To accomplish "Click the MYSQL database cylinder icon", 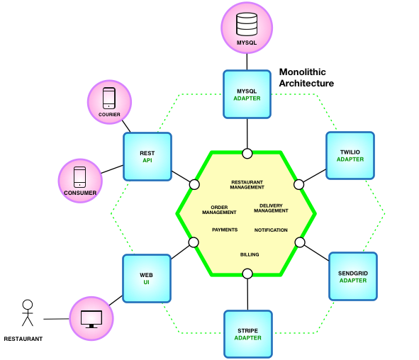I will click(x=247, y=26).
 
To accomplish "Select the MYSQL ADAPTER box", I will click(x=247, y=94).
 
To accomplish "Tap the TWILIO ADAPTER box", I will click(x=350, y=154).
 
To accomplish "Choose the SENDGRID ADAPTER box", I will click(x=352, y=276).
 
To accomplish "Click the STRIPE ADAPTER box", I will click(x=247, y=333).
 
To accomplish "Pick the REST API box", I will click(x=147, y=156).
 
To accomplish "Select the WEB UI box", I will click(x=146, y=278).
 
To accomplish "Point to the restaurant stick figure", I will click(x=27, y=315).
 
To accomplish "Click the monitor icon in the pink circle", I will click(x=91, y=318).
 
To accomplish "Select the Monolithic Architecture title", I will click(x=306, y=78).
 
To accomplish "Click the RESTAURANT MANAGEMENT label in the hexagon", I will click(x=247, y=185).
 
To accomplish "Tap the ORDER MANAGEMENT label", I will click(x=219, y=210).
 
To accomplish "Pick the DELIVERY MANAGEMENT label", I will click(x=271, y=208).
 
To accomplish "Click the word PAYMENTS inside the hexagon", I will click(x=225, y=230).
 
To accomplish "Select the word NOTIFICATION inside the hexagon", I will click(x=271, y=230).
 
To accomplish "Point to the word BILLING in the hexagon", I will click(x=250, y=254).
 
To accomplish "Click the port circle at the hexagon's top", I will click(x=247, y=154).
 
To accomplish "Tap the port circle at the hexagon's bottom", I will click(x=247, y=274).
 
